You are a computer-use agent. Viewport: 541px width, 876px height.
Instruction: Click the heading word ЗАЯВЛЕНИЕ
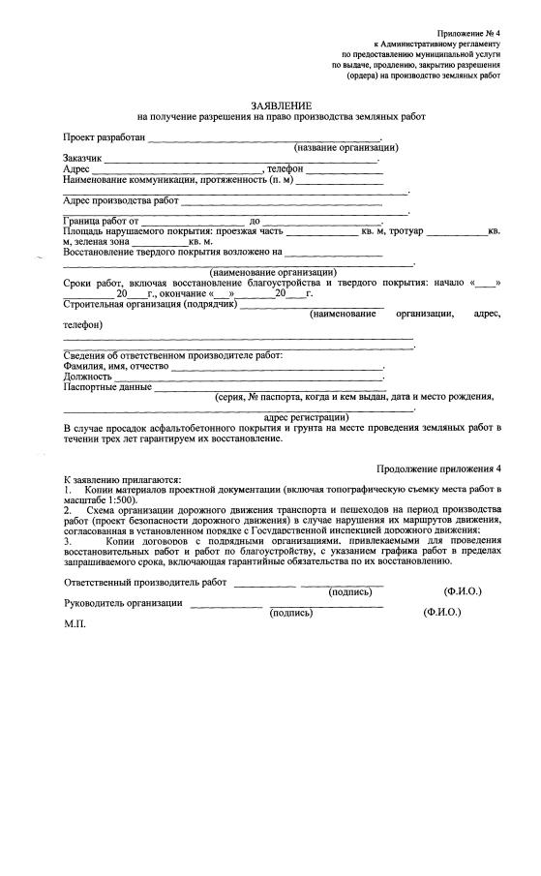[281, 104]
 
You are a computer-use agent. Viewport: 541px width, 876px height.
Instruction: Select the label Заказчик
[82, 158]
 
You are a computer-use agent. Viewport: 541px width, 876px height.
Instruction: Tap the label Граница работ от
[101, 222]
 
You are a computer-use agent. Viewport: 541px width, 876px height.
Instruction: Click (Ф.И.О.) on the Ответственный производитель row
[463, 589]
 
